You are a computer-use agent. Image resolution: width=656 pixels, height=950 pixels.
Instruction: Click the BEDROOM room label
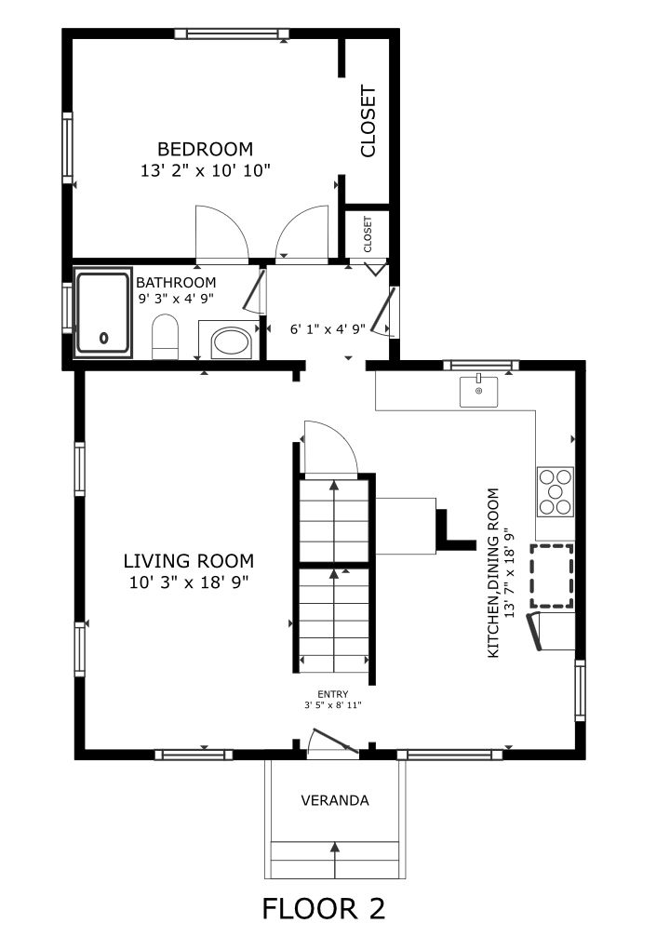click(205, 149)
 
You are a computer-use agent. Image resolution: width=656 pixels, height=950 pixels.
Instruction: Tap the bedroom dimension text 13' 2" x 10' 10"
click(205, 171)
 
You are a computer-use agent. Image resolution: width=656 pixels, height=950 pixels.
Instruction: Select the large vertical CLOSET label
click(368, 122)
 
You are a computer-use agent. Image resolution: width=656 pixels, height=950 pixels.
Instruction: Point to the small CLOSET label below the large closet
click(368, 234)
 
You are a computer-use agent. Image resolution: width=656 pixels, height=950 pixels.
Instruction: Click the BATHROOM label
click(176, 283)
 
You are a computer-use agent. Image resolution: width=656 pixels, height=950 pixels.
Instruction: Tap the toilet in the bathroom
click(166, 337)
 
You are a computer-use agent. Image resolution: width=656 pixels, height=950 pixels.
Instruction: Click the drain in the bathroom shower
click(103, 338)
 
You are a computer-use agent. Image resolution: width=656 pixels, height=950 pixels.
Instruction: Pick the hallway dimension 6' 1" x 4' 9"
click(328, 329)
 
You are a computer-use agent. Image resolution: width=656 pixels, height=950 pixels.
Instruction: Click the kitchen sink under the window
click(478, 392)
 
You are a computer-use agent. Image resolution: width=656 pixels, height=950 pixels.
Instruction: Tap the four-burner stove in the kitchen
click(555, 491)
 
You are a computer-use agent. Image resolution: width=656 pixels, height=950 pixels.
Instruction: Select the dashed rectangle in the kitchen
click(552, 576)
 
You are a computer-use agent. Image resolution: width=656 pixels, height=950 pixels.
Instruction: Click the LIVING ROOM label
click(188, 561)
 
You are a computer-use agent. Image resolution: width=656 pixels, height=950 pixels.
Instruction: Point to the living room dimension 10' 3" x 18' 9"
click(189, 582)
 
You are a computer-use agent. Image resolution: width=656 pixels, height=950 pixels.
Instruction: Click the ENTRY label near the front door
click(333, 694)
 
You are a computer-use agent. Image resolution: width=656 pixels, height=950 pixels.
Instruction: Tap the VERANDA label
click(335, 800)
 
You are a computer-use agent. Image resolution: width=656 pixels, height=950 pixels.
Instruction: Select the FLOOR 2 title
click(324, 909)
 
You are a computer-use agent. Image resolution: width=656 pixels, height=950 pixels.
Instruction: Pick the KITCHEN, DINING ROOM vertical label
click(494, 572)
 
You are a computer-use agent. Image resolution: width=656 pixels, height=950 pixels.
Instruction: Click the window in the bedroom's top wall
click(231, 33)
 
